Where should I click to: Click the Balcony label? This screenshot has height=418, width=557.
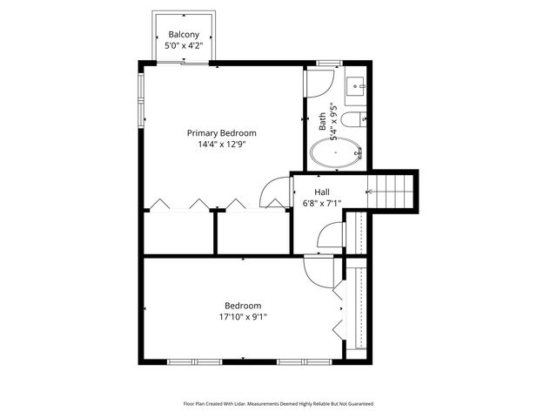click(x=183, y=35)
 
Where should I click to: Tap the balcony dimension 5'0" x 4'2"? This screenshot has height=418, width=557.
click(x=183, y=46)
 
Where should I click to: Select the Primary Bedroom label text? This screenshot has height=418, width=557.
click(x=222, y=133)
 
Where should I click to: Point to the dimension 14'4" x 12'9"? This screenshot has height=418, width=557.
click(x=222, y=145)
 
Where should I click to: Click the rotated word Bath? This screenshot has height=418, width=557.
click(x=322, y=122)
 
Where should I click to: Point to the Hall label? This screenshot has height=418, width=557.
click(x=322, y=192)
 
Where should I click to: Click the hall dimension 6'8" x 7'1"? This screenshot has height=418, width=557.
click(x=322, y=204)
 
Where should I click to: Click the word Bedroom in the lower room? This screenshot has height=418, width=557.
click(x=243, y=306)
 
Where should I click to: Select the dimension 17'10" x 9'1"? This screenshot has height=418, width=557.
click(x=243, y=317)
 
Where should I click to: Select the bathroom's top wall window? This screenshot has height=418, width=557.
click(x=328, y=63)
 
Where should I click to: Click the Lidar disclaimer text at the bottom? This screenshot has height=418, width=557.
click(x=278, y=404)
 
